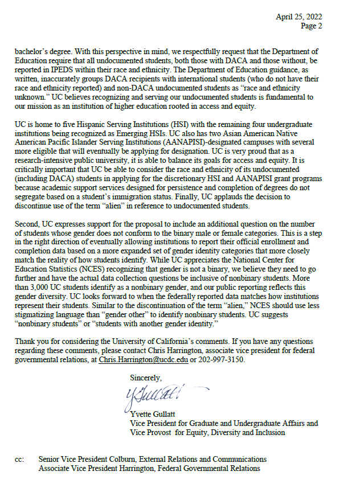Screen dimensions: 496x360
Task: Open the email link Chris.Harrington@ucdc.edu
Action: [143, 360]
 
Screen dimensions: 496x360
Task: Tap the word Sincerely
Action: [146, 377]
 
